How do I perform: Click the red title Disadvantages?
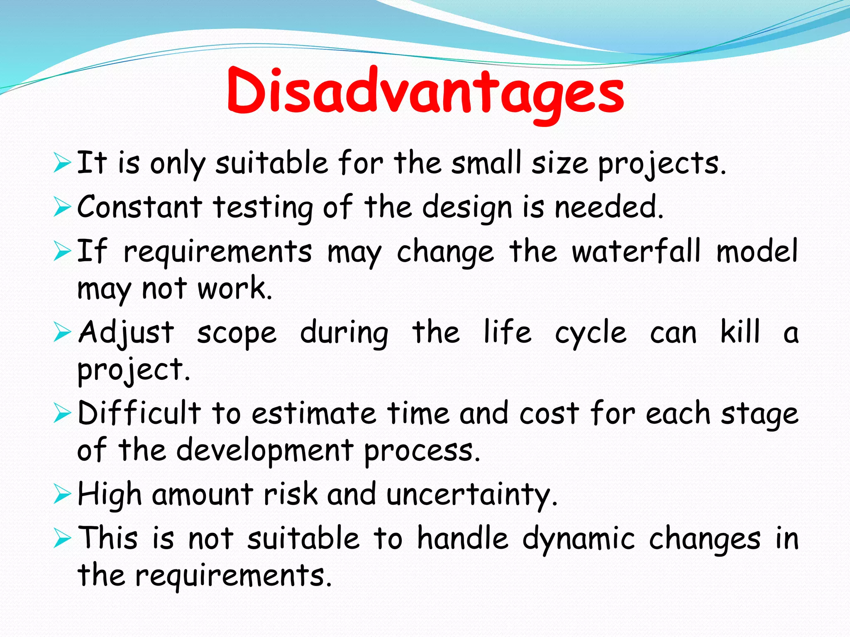point(425,92)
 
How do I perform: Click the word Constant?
point(139,207)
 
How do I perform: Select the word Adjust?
point(126,333)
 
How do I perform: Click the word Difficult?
point(139,413)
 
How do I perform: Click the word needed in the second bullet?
point(609,207)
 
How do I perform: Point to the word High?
point(110,495)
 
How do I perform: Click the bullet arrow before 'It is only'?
point(62,163)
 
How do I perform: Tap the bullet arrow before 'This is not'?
point(62,539)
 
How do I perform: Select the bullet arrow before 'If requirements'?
point(62,252)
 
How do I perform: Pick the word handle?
point(462,538)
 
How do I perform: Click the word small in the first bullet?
point(486,163)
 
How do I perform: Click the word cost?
point(549,414)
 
